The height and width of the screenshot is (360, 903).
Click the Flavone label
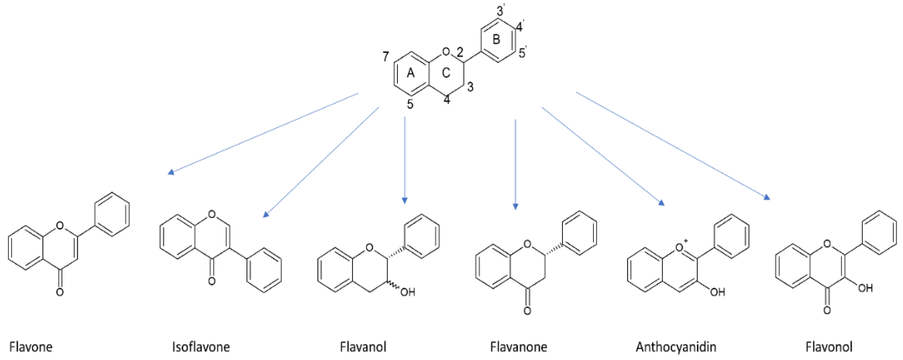(31, 347)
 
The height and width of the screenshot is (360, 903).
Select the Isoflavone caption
(201, 347)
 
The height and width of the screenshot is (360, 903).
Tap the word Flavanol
(363, 347)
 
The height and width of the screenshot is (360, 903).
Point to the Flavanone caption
(518, 347)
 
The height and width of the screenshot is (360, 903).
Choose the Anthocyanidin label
(676, 347)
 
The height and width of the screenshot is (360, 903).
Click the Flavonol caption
(829, 347)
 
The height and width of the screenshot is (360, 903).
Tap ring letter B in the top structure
(496, 39)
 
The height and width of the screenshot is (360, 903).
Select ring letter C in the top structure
(446, 73)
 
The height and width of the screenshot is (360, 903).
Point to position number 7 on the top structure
(386, 56)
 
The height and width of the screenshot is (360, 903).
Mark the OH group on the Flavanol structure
(407, 292)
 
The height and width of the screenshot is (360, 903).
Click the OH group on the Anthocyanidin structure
(717, 292)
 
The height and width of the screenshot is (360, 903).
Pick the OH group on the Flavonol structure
(865, 288)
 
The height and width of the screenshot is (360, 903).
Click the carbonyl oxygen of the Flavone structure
(60, 292)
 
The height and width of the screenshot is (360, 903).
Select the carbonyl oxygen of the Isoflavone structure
(211, 281)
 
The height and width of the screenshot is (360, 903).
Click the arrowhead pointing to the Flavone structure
(171, 172)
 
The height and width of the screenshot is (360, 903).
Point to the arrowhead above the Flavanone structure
(515, 206)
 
